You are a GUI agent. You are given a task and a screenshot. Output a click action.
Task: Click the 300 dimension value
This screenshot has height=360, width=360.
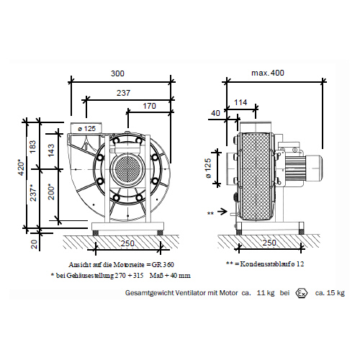[117, 73]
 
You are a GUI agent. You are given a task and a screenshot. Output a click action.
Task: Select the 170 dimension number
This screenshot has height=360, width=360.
[149, 106]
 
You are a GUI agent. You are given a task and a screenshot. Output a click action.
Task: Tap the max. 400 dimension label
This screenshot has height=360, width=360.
[268, 73]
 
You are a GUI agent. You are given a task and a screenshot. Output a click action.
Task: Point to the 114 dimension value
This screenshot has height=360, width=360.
[240, 102]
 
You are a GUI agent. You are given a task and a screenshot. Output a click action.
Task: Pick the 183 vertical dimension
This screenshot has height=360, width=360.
[32, 147]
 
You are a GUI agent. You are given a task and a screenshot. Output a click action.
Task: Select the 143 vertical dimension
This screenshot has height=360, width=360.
[51, 150]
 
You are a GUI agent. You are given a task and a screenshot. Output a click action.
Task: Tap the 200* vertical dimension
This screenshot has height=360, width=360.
[51, 192]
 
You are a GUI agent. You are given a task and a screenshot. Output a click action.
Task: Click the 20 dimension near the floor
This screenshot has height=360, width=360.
[35, 244]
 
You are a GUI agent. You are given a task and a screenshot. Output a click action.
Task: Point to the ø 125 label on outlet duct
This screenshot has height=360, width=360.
[87, 129]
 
